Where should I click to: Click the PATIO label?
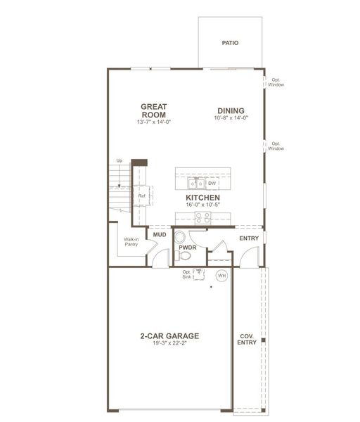(230, 43)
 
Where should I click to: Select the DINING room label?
(231, 110)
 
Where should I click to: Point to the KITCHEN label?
(203, 198)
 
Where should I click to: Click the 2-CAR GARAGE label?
(169, 335)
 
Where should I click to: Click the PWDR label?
(186, 248)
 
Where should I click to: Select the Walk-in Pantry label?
(131, 242)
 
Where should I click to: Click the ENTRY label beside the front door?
(249, 239)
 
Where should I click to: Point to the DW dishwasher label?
(211, 184)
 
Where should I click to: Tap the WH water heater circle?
(221, 276)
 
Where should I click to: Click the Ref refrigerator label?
(141, 196)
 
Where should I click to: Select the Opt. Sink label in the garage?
(186, 275)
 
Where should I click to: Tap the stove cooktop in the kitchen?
(203, 217)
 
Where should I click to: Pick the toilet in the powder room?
(180, 237)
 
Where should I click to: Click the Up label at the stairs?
(119, 161)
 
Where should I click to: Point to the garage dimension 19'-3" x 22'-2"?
(169, 343)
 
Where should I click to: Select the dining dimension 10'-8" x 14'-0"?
(231, 119)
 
